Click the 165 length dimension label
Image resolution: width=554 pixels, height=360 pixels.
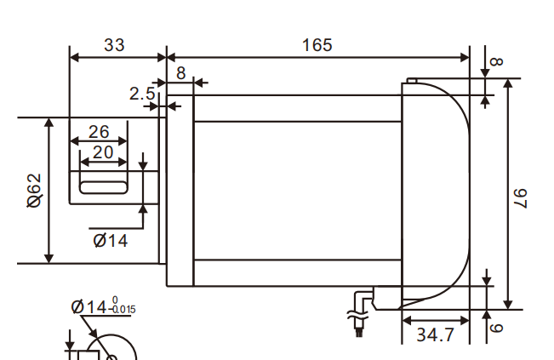[317, 44]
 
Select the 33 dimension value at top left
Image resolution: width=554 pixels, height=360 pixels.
[113, 44]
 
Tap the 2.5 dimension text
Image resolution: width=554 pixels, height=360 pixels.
[142, 93]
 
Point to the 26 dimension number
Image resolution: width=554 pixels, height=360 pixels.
[99, 132]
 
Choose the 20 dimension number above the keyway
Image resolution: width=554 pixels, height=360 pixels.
[102, 151]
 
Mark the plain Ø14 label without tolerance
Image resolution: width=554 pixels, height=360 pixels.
[110, 241]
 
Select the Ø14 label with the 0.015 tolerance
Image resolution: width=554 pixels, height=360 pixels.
[103, 306]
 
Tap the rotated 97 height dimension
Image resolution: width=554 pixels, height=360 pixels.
[521, 196]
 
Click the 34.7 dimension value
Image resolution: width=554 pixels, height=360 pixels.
[435, 335]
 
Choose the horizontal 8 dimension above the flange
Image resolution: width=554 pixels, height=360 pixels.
[180, 73]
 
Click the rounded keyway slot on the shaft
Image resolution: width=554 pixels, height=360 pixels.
[102, 182]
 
